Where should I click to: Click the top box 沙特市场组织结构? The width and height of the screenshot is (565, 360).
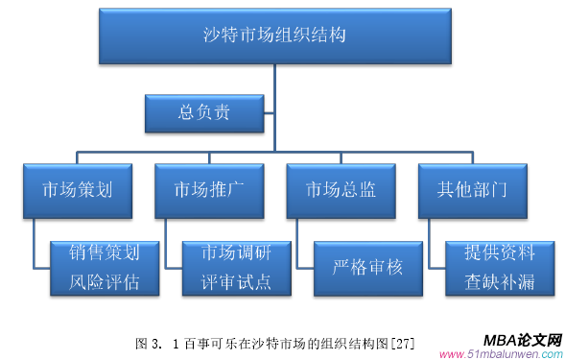point(274,37)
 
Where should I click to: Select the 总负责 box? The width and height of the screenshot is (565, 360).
point(203,113)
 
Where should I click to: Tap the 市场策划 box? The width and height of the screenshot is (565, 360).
point(79,188)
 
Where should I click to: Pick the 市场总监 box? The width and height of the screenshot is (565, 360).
point(341,188)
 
